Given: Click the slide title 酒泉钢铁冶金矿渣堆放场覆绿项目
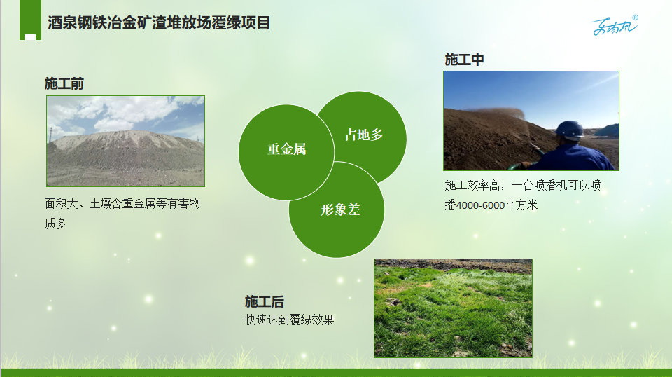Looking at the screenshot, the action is click(159, 22).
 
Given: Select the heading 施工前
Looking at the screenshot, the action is click(64, 83).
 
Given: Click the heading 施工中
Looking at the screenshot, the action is click(464, 59).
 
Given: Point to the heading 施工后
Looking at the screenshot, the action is click(265, 301).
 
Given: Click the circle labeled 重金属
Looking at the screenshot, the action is click(286, 152).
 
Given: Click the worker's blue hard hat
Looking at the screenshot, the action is click(570, 130).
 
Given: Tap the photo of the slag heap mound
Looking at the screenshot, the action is click(125, 141).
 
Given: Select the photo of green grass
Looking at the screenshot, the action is click(453, 308).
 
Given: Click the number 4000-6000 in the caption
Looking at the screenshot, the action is click(480, 205).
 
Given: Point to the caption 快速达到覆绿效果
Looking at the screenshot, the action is click(289, 320).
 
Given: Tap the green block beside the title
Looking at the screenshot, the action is click(30, 20).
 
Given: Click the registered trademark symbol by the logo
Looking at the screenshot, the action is click(635, 18).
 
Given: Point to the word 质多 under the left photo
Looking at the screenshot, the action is click(55, 224).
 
